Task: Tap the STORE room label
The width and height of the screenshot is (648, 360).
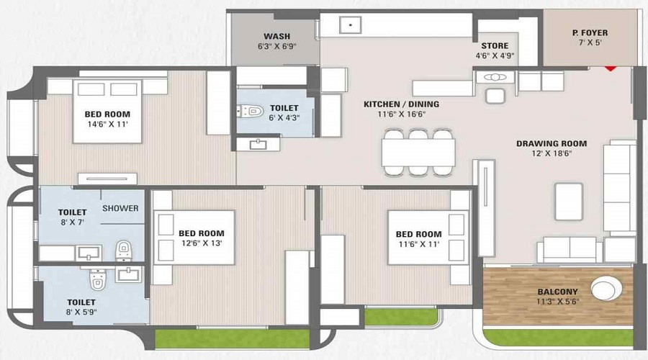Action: (495, 45)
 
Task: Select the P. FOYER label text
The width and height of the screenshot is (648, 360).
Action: (590, 32)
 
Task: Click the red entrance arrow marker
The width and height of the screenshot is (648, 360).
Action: (611, 68)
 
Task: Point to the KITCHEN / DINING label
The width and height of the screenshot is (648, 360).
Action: (401, 104)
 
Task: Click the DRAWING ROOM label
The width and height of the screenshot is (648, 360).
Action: (552, 143)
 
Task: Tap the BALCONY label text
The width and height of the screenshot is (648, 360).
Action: (555, 292)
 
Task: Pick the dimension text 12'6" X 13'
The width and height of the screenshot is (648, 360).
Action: (202, 243)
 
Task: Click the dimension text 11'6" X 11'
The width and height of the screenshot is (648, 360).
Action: (418, 244)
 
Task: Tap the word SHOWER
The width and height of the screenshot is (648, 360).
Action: (120, 209)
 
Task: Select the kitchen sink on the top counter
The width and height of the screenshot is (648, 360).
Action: (351, 24)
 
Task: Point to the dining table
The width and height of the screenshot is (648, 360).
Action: (418, 151)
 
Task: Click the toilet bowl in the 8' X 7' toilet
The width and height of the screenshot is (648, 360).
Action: (123, 251)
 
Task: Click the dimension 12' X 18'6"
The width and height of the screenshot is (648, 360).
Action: (552, 154)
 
